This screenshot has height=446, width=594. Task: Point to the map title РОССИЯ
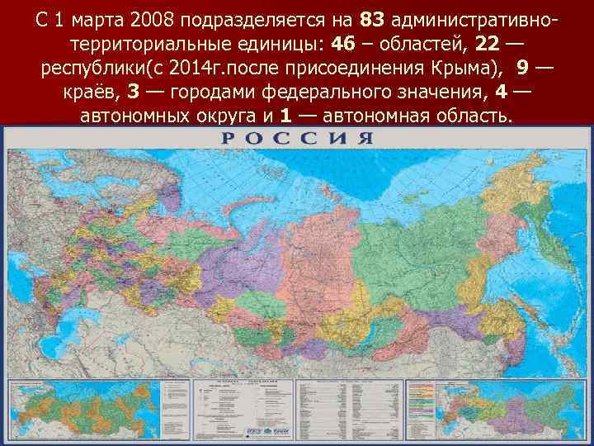(x=297, y=137)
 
